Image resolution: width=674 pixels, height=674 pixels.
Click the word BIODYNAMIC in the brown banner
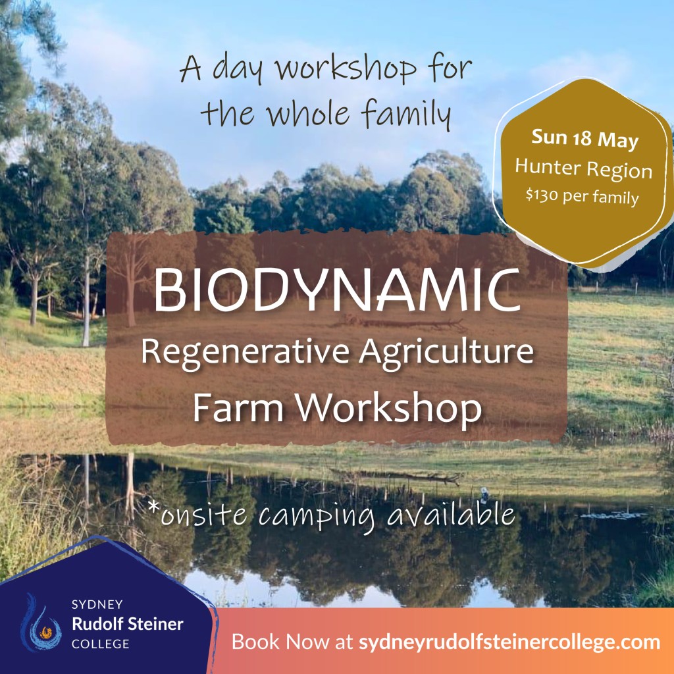[x=337, y=290]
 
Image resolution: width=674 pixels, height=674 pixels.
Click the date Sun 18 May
[x=584, y=140]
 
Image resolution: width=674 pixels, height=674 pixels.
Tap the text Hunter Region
[x=584, y=168]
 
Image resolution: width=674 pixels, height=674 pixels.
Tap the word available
[x=450, y=513]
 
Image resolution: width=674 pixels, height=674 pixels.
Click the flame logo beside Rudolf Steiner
[x=41, y=623]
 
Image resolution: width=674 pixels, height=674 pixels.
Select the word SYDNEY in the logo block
[x=97, y=604]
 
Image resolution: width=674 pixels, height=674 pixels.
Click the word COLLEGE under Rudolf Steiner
[x=101, y=644]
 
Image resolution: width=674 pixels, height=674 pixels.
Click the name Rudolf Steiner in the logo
[x=127, y=624]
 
